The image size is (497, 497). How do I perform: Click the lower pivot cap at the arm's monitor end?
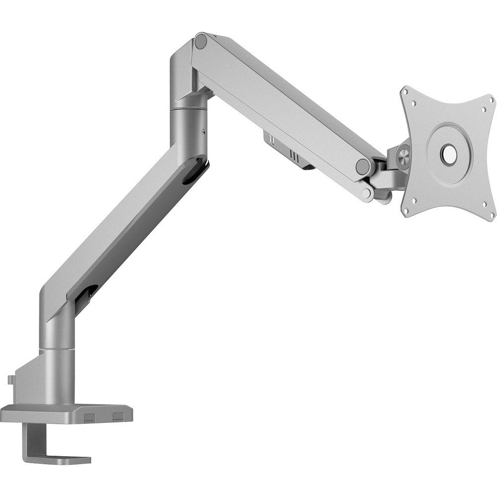tap(367, 192)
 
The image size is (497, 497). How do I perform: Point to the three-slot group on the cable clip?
tap(294, 156)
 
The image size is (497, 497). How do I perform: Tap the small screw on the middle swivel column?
tap(204, 132)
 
